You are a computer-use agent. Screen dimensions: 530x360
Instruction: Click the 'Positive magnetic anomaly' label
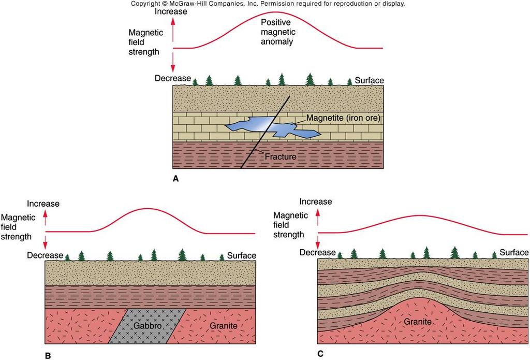[278, 32]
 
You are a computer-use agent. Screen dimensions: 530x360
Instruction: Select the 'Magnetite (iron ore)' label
[343, 118]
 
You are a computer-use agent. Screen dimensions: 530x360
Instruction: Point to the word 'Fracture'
[281, 156]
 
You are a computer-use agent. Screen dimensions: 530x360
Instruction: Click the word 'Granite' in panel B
[224, 326]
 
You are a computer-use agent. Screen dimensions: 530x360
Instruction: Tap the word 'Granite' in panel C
[418, 322]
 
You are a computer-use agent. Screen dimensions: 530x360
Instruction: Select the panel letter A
[175, 179]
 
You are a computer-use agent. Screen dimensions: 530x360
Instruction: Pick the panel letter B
[48, 355]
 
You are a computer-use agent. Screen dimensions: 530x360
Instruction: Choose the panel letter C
[320, 354]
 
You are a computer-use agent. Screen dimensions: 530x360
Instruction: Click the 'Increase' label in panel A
[171, 11]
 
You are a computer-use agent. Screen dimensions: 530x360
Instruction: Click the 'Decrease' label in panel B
[45, 255]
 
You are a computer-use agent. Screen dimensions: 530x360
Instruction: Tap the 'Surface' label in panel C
[514, 252]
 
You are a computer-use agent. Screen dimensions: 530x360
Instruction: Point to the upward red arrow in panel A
[173, 29]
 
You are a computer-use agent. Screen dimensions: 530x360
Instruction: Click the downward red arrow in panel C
[317, 242]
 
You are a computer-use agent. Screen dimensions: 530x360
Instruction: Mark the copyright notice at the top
[268, 4]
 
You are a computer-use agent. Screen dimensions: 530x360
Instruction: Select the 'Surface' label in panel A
[369, 80]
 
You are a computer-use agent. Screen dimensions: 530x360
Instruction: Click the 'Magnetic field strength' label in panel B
[18, 227]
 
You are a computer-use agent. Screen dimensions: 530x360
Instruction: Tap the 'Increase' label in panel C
[316, 201]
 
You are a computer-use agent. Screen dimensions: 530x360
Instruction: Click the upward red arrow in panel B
[46, 218]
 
